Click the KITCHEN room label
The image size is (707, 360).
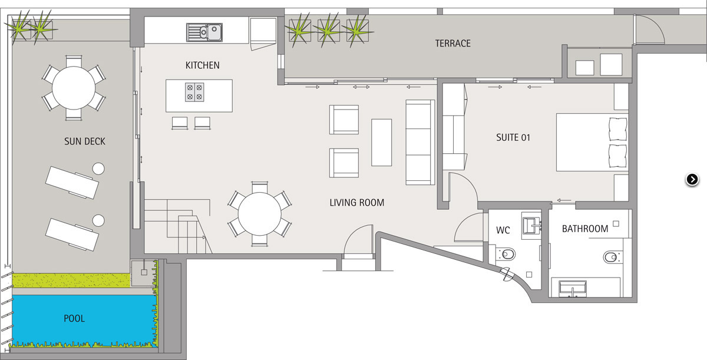[x=202, y=65]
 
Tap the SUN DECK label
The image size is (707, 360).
[x=85, y=141]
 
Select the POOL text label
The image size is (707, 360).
[x=74, y=318]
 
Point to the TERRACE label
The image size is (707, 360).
[x=452, y=43]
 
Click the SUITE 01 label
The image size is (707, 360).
[x=513, y=137]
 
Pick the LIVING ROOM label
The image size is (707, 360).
[x=356, y=203]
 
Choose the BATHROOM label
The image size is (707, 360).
[x=585, y=229]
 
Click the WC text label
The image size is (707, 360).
[x=503, y=230]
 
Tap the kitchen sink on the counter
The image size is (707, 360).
[x=204, y=32]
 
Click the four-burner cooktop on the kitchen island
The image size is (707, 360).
[x=194, y=92]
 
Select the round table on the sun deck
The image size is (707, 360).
[x=74, y=88]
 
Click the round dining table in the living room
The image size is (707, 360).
[x=259, y=214]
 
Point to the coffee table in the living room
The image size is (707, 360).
[x=381, y=143]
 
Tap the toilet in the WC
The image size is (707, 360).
[x=506, y=254]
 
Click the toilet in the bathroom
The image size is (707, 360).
[x=612, y=257]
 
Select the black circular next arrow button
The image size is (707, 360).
[x=692, y=180]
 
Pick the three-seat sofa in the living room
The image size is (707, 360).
[x=420, y=143]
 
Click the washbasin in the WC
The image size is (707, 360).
[x=531, y=225]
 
